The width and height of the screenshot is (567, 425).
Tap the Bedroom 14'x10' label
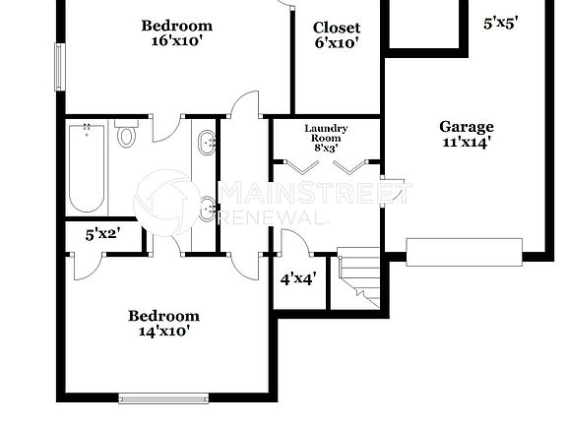(163, 324)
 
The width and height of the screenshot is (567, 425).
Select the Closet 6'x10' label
(337, 35)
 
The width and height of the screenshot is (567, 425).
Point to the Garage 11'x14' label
(467, 134)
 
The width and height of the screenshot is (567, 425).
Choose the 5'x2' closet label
(102, 235)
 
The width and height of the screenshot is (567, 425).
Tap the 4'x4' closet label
(298, 278)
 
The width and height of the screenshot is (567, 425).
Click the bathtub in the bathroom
(86, 168)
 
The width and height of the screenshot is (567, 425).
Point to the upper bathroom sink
(208, 144)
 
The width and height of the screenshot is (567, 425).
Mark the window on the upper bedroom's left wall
(59, 67)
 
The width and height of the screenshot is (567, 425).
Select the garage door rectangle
(465, 252)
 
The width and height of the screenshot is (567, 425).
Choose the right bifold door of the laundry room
(349, 165)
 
